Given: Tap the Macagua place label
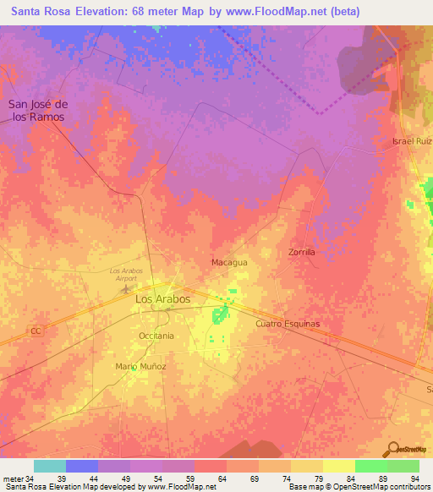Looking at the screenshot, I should pyautogui.click(x=228, y=263).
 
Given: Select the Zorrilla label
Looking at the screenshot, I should pyautogui.click(x=301, y=252).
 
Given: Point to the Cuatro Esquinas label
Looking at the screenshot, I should pyautogui.click(x=288, y=324).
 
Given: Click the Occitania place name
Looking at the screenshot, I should pyautogui.click(x=156, y=336).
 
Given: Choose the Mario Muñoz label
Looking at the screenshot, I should pyautogui.click(x=140, y=366).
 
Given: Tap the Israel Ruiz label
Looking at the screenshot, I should pyautogui.click(x=412, y=141).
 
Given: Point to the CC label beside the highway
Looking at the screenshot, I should pyautogui.click(x=36, y=331).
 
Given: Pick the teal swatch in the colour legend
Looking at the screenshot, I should pyautogui.click(x=49, y=466).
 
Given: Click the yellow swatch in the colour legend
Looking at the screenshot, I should pyautogui.click(x=338, y=466).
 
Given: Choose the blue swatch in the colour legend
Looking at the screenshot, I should pyautogui.click(x=81, y=466).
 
